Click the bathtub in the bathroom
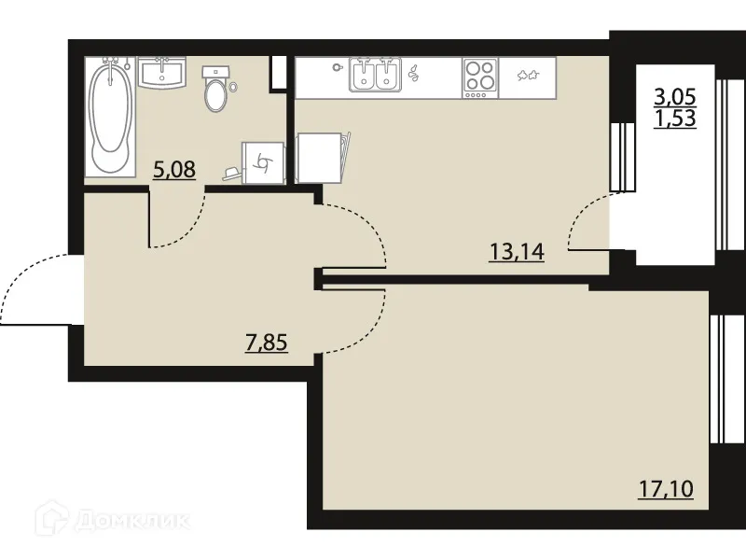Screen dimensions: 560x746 (109, 116)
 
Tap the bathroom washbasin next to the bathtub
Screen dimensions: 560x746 (162, 73)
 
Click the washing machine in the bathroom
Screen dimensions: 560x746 (261, 164)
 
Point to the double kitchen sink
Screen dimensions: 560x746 (375, 75)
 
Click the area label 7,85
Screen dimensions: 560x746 (266, 342)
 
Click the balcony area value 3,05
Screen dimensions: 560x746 (675, 96)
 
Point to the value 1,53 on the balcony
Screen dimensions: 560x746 (675, 119)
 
